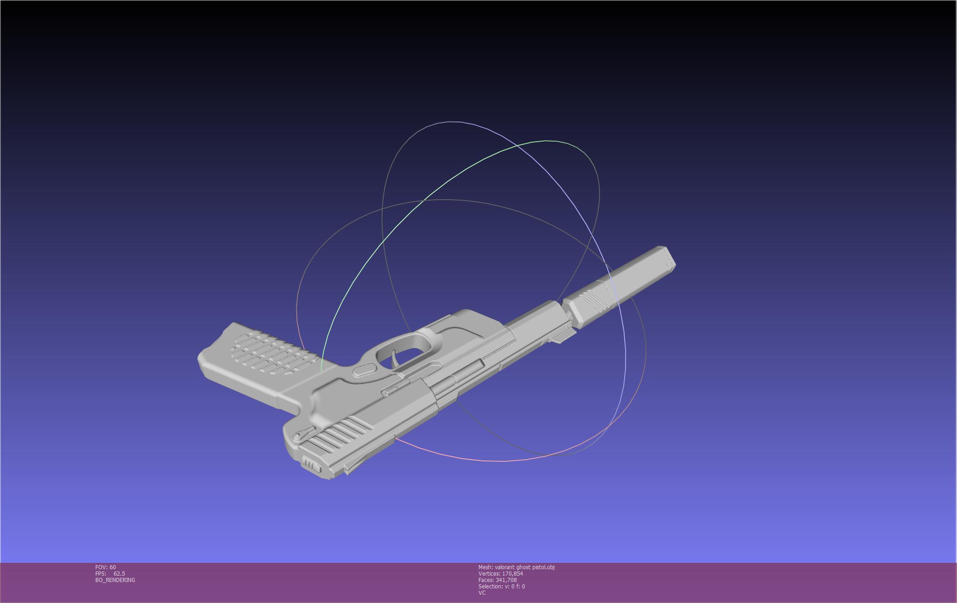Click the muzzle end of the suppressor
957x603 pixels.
[669, 259]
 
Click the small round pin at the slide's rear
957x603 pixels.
[297, 437]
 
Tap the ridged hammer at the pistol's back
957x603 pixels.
[311, 465]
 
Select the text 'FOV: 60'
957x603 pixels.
[105, 567]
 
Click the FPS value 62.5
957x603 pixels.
[119, 574]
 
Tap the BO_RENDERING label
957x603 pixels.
[115, 580]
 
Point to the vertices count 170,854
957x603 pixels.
[512, 574]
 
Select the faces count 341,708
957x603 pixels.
[506, 580]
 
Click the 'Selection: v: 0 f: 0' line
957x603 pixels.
[501, 587]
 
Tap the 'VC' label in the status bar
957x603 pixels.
[482, 593]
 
